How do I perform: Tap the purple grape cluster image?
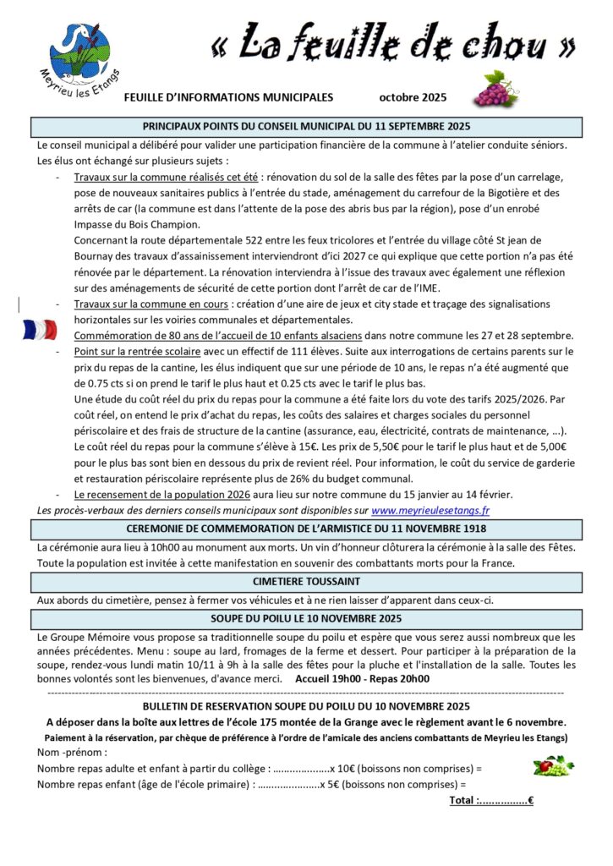495,89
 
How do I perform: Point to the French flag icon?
40,329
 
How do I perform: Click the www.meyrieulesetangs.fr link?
430,510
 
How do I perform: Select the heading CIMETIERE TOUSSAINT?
306,581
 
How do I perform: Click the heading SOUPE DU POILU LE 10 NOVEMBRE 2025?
306,618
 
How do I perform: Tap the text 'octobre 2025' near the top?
413,97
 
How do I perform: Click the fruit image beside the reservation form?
553,766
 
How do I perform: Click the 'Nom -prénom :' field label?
73,752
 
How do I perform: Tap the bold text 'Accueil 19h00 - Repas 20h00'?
362,677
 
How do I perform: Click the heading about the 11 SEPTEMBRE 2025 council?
306,127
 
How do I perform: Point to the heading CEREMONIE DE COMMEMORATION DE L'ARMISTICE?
306,529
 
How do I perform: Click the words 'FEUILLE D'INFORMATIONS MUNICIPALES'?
228,97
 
